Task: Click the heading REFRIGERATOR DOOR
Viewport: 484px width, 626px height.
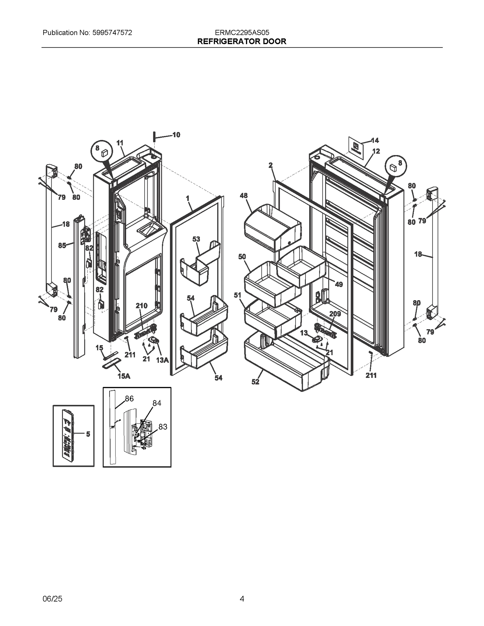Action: pos(242,41)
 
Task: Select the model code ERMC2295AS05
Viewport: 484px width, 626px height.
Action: pos(242,33)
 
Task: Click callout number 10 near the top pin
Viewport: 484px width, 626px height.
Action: pos(176,135)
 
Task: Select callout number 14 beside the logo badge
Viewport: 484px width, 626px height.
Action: pos(374,140)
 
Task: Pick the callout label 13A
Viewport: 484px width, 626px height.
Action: pos(162,360)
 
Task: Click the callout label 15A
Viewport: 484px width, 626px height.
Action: pos(124,376)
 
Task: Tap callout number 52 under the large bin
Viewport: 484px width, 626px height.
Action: pos(255,382)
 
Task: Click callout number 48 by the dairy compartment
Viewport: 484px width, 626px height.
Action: pos(244,196)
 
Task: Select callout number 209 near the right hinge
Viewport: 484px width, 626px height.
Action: pos(335,314)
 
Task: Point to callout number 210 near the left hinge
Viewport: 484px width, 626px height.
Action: pos(141,306)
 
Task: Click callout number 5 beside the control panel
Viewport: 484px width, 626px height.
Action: pos(88,434)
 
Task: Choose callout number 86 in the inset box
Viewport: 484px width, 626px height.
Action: pos(129,399)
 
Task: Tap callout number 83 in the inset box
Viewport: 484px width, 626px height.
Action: pos(163,427)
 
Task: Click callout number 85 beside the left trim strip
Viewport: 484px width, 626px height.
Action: pos(62,245)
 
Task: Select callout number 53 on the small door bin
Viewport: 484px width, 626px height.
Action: pos(196,239)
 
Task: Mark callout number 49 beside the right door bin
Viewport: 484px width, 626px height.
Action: pos(339,284)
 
